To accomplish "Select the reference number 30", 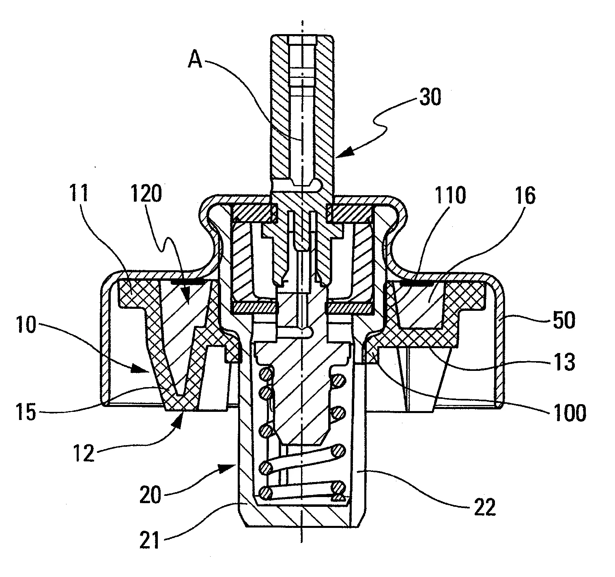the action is click(430, 97).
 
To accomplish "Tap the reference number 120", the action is click(146, 194).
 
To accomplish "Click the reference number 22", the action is click(485, 507).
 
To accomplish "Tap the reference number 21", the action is click(149, 540).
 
